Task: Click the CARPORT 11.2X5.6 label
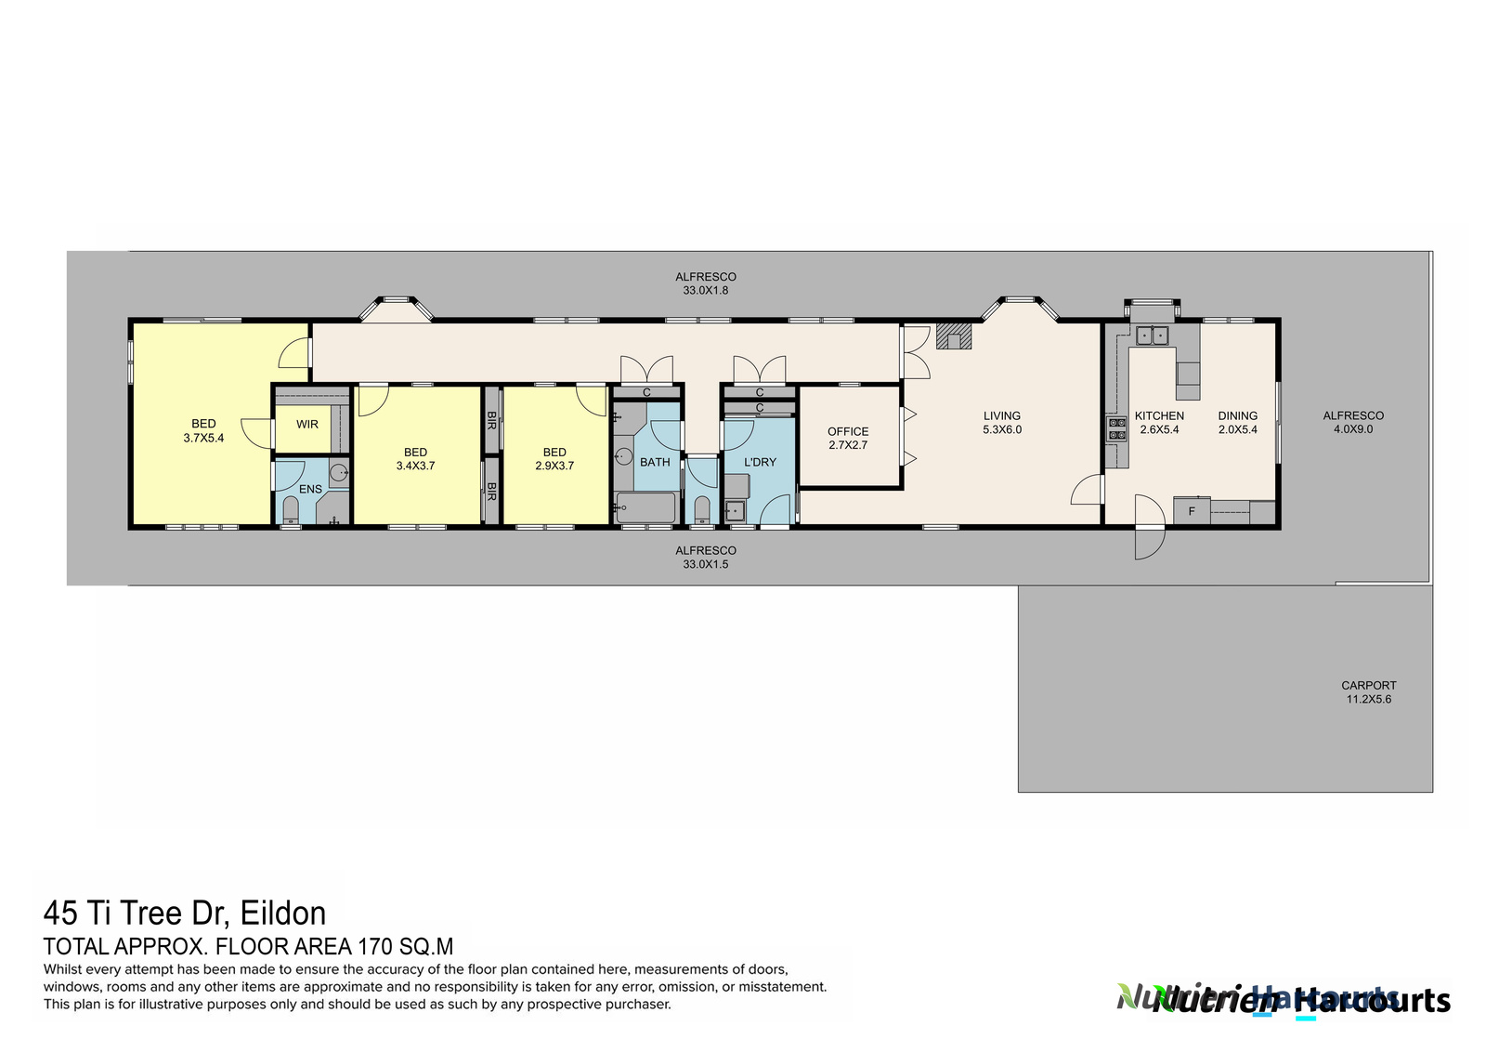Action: coord(1368,692)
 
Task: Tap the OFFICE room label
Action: coord(848,438)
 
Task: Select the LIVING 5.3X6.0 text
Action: coord(1002,423)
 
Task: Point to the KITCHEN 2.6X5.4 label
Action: coord(1159,423)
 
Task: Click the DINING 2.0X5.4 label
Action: coord(1237,423)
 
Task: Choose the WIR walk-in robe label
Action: coord(307,425)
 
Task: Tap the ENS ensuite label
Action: coord(310,490)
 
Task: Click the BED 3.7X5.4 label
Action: coord(203,430)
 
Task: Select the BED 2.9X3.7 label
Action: coord(554,459)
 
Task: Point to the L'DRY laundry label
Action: coord(760,462)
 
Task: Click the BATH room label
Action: coord(655,462)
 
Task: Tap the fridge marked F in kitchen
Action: coord(1192,511)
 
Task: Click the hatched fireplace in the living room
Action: coord(954,335)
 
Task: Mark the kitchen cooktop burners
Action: coord(1116,428)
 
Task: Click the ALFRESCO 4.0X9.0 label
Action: coord(1353,422)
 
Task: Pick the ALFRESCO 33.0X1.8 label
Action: coord(706,283)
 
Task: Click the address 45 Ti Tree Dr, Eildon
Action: coord(185,914)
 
